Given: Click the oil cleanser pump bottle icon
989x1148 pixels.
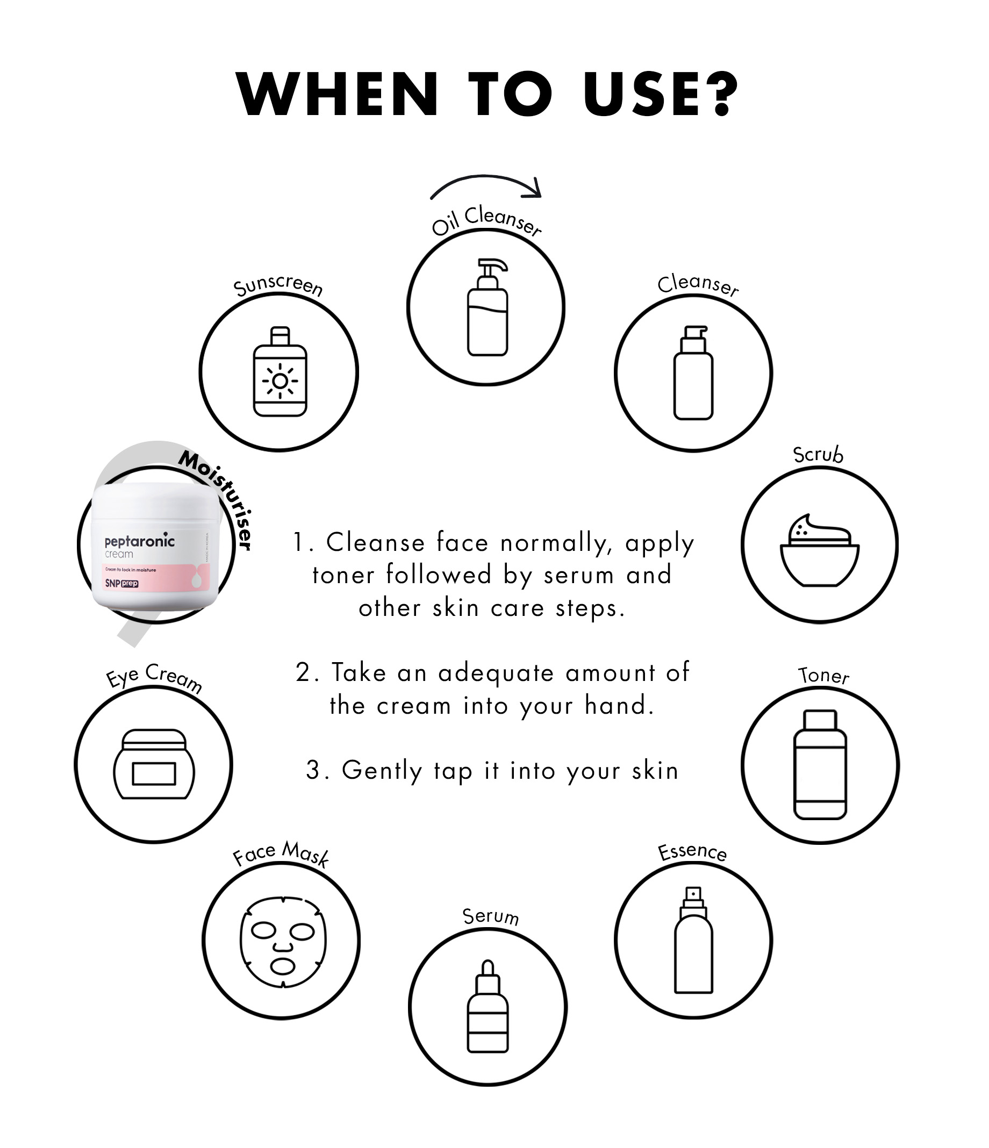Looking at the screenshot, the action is [488, 307].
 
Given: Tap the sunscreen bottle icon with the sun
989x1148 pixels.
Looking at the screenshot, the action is [280, 371].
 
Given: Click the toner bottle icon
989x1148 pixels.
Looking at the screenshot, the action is [820, 765].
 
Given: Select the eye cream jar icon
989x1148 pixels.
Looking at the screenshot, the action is [154, 764].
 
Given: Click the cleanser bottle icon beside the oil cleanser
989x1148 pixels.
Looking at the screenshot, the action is [693, 372].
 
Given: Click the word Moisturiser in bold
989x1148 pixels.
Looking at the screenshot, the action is [217, 499].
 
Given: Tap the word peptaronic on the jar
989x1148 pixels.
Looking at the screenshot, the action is [140, 541].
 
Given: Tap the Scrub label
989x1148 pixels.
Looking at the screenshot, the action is [818, 454].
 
